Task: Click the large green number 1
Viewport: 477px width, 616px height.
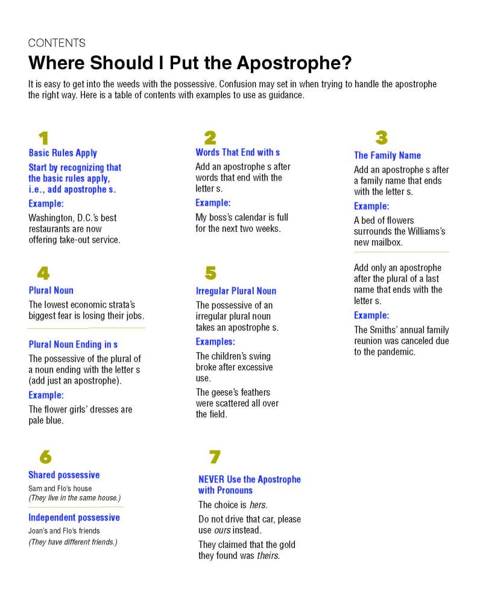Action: point(43,138)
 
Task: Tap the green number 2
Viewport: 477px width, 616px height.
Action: point(210,138)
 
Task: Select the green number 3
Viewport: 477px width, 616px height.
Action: point(381,138)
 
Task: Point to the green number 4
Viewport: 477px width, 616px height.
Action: point(43,273)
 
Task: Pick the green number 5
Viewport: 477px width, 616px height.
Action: point(210,273)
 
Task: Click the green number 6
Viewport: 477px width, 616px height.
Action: point(45,458)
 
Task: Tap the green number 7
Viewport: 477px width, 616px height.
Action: point(214,458)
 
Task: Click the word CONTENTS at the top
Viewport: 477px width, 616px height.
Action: point(57,43)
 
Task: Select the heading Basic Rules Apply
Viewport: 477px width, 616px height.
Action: point(63,153)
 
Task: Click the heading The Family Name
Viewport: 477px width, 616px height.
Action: point(387,155)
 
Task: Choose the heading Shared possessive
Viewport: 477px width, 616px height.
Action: point(64,475)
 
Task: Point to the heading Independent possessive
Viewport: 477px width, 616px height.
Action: point(74,518)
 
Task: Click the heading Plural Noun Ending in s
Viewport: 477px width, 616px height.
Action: point(73,344)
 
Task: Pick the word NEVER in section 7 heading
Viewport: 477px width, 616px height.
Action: point(211,479)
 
